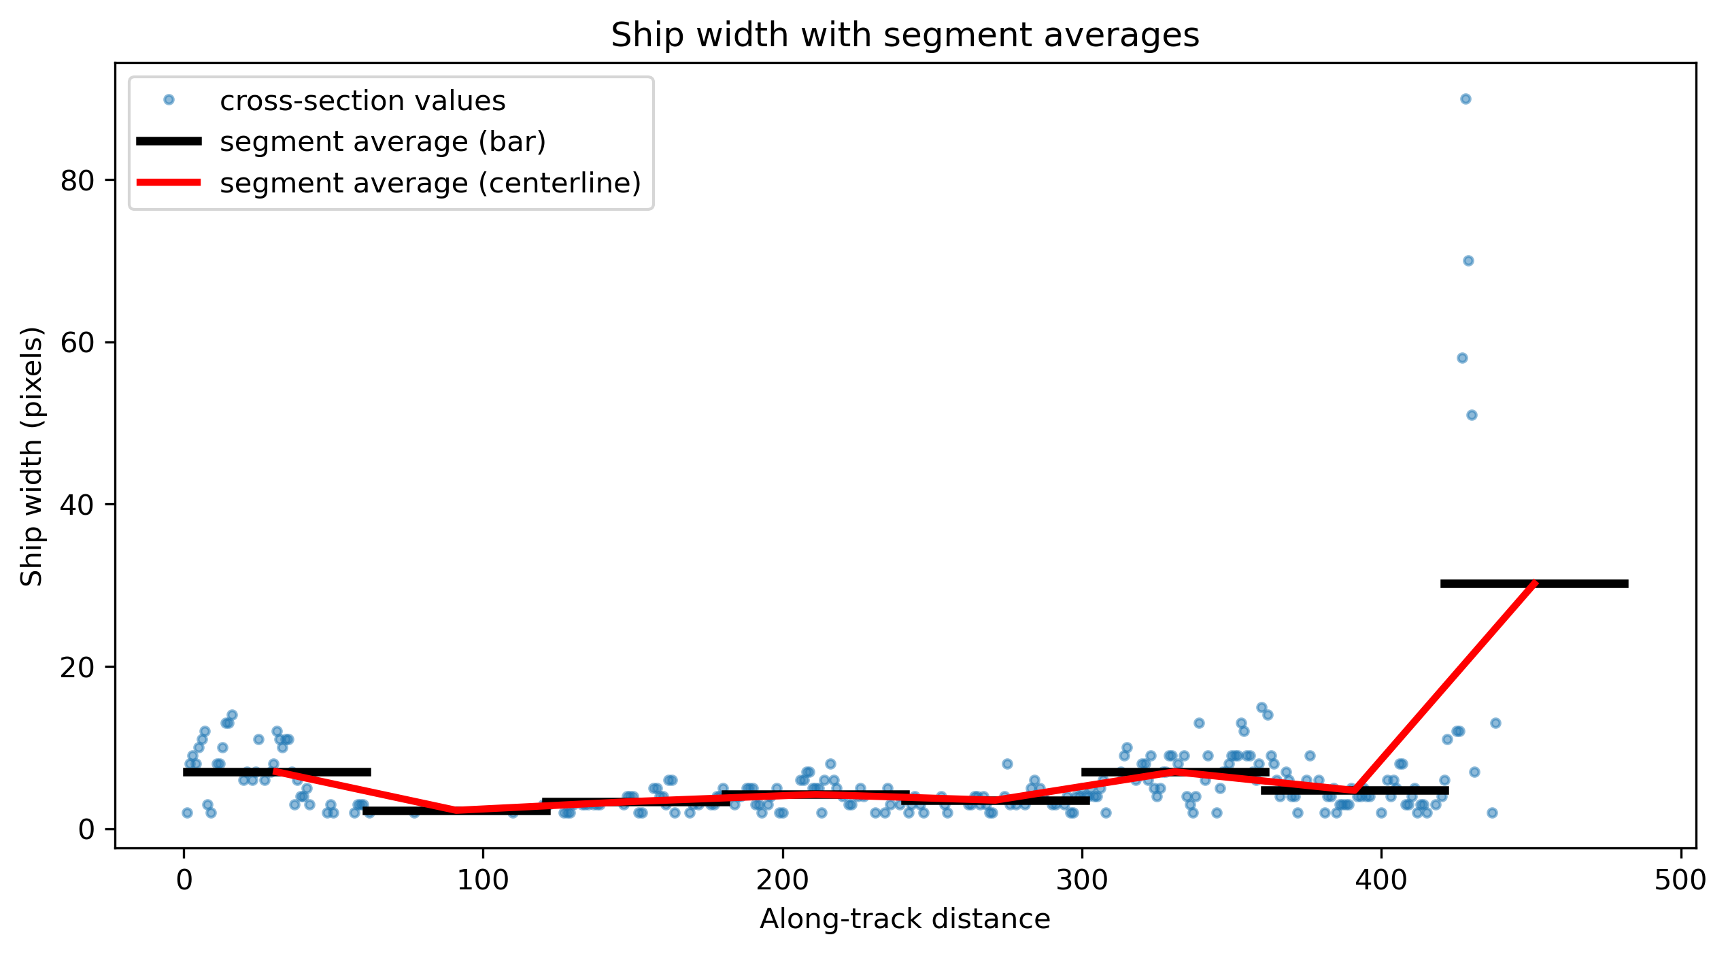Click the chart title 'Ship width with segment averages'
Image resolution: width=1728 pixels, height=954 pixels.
pos(904,35)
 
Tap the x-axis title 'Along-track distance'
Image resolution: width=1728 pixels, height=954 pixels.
pos(904,919)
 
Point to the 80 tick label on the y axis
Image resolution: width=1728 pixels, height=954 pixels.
pos(77,181)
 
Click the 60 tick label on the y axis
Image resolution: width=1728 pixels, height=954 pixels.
pos(77,343)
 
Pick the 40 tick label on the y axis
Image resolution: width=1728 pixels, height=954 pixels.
pos(77,505)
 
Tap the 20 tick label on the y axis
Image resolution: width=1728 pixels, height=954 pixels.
pos(77,667)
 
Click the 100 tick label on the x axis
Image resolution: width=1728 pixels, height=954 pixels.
pos(483,881)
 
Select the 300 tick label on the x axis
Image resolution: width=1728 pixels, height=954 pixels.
pos(1082,881)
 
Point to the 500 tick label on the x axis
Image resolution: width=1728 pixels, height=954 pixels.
pos(1680,881)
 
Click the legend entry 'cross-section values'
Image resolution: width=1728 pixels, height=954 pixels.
pos(362,101)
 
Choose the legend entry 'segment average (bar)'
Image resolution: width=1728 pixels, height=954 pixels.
pos(383,142)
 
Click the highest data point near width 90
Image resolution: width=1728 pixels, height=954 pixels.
pos(1466,99)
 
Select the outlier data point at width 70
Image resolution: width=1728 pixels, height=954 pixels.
pos(1468,261)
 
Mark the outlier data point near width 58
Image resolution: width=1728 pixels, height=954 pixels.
pos(1462,358)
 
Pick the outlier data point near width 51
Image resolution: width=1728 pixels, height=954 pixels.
pos(1472,415)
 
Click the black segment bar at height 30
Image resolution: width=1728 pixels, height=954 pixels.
pos(1534,584)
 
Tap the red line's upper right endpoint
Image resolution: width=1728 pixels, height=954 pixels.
pos(1535,583)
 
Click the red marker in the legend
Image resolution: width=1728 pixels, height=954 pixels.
pos(169,182)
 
